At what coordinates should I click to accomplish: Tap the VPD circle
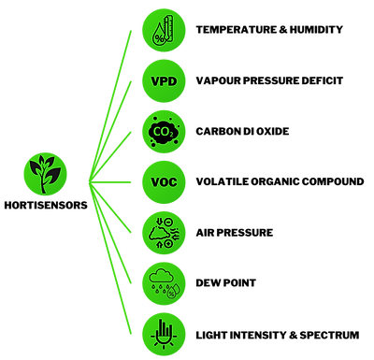tap(164, 80)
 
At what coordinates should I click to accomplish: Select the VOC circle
tap(164, 180)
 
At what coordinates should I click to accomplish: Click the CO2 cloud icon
tap(164, 131)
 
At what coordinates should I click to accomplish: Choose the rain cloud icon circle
tap(164, 281)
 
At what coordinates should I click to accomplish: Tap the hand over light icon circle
tap(164, 331)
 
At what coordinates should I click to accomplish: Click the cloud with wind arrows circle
tap(164, 231)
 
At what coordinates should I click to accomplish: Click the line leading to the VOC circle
tap(112, 180)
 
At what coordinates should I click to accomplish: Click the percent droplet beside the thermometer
tap(158, 36)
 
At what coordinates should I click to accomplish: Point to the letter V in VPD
tap(154, 80)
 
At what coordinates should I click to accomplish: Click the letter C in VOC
tap(174, 180)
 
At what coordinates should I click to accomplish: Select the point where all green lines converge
tap(88, 180)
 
